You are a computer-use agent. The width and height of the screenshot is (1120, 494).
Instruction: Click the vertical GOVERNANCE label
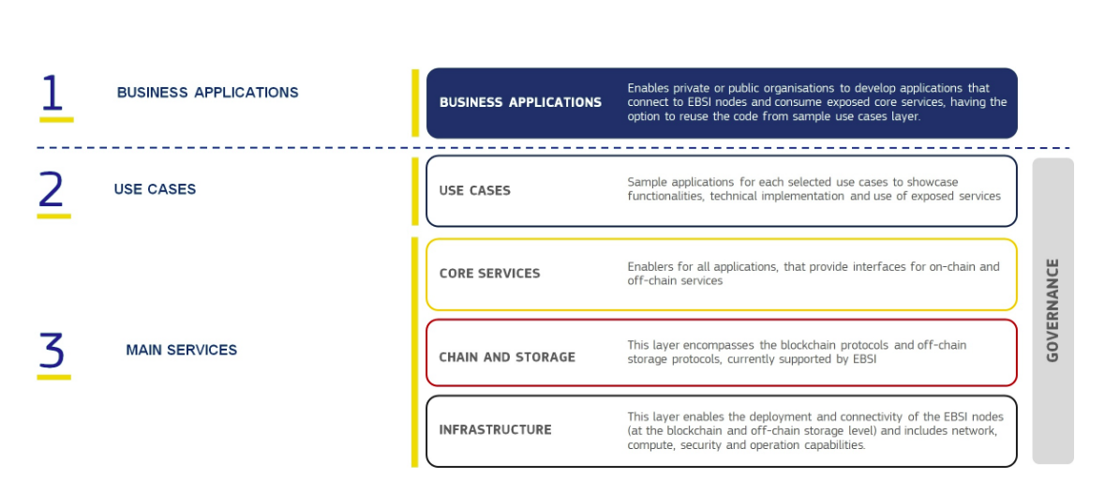pyautogui.click(x=1053, y=310)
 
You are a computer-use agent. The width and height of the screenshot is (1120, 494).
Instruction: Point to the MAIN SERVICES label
pyautogui.click(x=182, y=351)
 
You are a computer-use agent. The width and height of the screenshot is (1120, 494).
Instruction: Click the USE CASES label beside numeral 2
pyautogui.click(x=155, y=189)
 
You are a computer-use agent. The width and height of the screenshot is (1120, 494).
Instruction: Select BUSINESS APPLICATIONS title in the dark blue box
pyautogui.click(x=520, y=103)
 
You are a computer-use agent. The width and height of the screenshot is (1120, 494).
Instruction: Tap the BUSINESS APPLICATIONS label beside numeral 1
pyautogui.click(x=207, y=93)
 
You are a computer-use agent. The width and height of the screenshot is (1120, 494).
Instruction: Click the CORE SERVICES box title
pyautogui.click(x=489, y=274)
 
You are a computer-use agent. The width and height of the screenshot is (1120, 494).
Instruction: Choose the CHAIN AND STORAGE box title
pyautogui.click(x=506, y=357)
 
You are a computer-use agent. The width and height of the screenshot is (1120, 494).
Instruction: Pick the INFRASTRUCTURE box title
pyautogui.click(x=495, y=429)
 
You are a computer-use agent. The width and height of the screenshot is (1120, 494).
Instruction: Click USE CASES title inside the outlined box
pyautogui.click(x=474, y=191)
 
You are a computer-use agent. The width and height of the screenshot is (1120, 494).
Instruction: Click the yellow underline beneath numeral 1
pyautogui.click(x=56, y=119)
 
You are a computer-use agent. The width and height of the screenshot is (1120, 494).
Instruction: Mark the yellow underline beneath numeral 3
pyautogui.click(x=53, y=377)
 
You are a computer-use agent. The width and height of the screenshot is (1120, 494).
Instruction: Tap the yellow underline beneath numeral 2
pyautogui.click(x=53, y=216)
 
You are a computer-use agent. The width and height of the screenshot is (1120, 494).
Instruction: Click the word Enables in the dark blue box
pyautogui.click(x=647, y=88)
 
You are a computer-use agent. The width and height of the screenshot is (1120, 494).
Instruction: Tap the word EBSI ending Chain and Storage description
pyautogui.click(x=862, y=360)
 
